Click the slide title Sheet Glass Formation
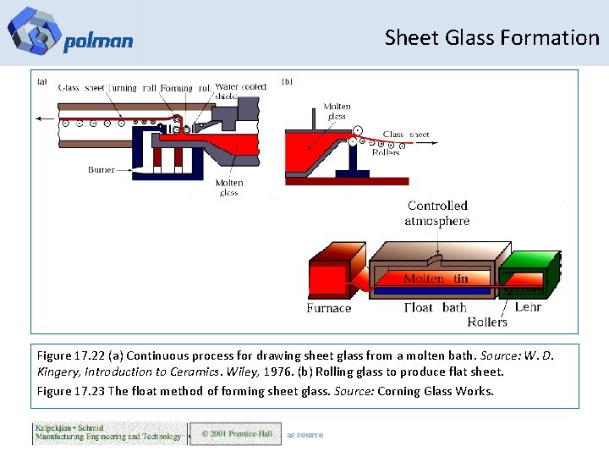point(491,37)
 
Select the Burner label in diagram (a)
point(101,170)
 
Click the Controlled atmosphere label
point(437,213)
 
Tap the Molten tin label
point(436,278)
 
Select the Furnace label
point(329,308)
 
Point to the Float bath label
point(436,308)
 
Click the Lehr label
point(528,306)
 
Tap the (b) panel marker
point(287,82)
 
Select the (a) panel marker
point(42,82)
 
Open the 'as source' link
point(304,435)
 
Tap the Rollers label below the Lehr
point(487,322)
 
